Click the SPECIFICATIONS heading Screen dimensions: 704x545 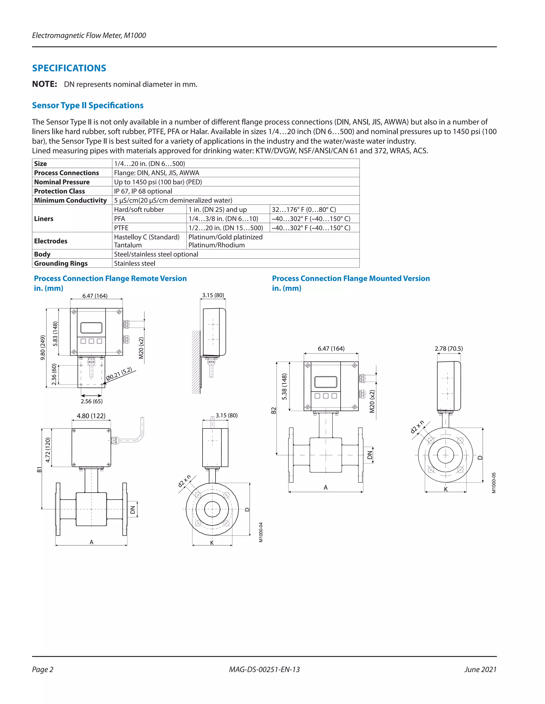[x=69, y=68]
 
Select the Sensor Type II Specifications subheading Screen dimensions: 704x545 [x=88, y=105]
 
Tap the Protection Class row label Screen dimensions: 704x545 [x=59, y=191]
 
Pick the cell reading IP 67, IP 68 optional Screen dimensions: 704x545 [x=143, y=191]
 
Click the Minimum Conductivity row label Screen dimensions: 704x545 [x=70, y=200]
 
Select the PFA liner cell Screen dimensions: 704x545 [x=119, y=219]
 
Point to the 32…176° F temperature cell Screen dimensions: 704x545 [x=303, y=210]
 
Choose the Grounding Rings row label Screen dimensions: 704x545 [x=61, y=263]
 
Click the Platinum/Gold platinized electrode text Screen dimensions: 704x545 [x=225, y=237]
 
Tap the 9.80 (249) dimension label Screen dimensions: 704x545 [x=43, y=347]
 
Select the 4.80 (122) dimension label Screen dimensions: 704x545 [x=91, y=416]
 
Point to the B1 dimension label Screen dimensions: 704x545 [x=39, y=469]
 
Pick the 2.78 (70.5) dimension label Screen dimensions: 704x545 [x=448, y=349]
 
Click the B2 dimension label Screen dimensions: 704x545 [x=274, y=410]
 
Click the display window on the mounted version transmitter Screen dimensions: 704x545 [x=325, y=382]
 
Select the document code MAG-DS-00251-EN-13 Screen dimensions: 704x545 [x=264, y=669]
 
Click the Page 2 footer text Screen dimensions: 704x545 [x=43, y=669]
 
